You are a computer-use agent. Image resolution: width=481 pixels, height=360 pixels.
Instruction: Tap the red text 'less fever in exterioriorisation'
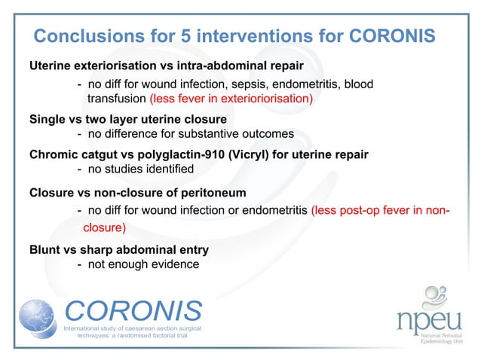(x=231, y=98)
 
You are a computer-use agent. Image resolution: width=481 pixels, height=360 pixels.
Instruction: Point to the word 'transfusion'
(x=117, y=98)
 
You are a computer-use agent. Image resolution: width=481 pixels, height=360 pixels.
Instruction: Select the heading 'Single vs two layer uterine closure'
(x=128, y=119)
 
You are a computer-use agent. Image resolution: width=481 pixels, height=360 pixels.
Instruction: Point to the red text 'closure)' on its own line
(x=104, y=226)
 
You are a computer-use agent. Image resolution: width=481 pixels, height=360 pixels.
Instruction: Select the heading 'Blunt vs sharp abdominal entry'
(x=118, y=249)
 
